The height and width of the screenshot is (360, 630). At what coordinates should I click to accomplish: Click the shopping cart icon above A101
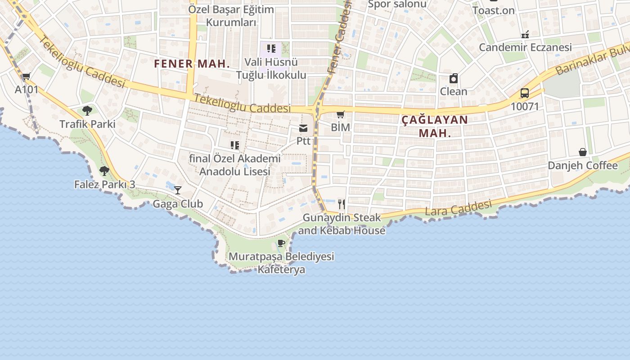point(26,76)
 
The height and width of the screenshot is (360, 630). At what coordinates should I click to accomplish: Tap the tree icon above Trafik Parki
point(87,111)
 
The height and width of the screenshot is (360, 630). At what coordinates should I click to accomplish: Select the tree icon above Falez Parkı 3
point(104,171)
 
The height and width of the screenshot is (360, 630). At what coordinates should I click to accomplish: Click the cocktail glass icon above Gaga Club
point(178,190)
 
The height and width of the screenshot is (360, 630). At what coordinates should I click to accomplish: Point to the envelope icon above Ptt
point(304,128)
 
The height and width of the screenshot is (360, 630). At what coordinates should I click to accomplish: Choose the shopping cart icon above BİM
point(341,114)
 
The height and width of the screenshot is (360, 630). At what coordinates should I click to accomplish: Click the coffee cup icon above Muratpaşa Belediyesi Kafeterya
point(281,243)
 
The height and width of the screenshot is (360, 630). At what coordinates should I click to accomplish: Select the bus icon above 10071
point(524,93)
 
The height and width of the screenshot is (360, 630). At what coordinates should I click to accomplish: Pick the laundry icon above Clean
point(454,78)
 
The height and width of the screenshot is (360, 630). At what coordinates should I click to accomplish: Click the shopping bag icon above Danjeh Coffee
point(582,152)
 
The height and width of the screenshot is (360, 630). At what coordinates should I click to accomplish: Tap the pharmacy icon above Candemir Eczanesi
point(525,34)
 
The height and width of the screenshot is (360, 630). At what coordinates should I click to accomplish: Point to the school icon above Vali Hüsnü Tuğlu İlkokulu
point(271,49)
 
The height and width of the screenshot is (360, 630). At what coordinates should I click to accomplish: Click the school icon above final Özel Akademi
point(234,145)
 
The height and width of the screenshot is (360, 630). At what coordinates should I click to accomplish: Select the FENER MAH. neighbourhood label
point(192,64)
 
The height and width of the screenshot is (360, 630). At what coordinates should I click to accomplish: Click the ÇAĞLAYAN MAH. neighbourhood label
point(434,126)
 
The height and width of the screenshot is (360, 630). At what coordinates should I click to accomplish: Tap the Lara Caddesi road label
point(458,208)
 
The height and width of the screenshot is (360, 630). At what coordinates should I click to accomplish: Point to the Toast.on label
point(493,10)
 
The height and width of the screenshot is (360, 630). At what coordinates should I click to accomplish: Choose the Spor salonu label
point(397,4)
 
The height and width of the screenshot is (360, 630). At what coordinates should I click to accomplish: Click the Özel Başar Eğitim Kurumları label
point(231,16)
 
